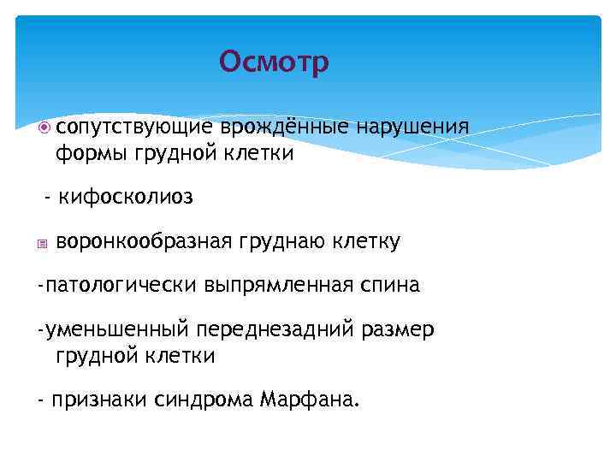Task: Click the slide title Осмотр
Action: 274,62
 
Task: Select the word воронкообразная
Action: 144,242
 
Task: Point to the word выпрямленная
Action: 278,285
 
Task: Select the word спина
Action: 389,285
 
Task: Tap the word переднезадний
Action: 281,329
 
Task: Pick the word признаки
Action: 98,400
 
